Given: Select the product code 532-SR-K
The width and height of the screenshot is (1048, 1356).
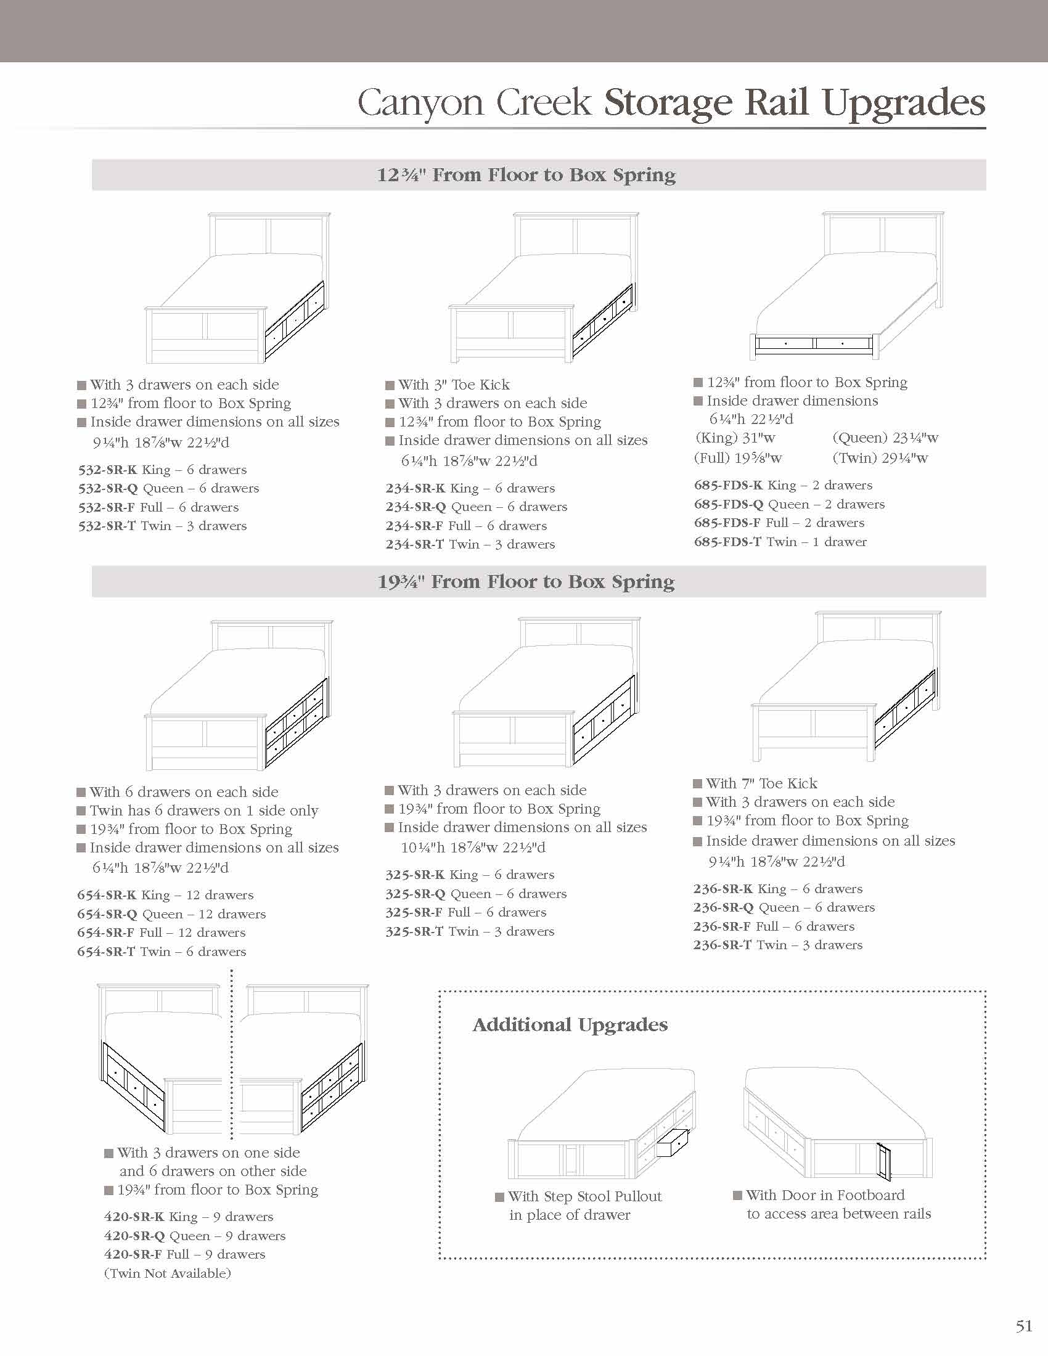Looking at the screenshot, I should click(x=106, y=470).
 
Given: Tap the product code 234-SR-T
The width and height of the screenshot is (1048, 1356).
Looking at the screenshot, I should click(x=414, y=544).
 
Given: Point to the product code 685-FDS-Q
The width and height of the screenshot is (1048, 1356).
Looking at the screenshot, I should click(x=728, y=504).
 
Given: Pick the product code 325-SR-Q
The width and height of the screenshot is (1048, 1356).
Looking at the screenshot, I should click(x=416, y=894).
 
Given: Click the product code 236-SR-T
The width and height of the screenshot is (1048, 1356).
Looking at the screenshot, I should click(x=722, y=945).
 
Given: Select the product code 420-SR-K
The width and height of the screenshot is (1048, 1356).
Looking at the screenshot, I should click(x=134, y=1217).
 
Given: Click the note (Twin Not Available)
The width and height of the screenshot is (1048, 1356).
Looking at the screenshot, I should click(x=168, y=1273).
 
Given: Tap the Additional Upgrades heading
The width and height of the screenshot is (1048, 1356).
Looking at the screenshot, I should click(x=570, y=1025).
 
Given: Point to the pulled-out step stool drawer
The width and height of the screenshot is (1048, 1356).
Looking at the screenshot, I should click(x=671, y=1143).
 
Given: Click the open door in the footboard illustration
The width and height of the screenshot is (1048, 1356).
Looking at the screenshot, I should click(x=883, y=1161).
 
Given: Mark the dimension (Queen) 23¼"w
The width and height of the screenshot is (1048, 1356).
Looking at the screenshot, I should click(x=885, y=438).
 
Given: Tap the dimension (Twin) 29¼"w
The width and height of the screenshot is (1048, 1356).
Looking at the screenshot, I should click(x=880, y=459).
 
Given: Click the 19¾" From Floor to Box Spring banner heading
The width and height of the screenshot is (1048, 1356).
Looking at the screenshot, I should click(x=526, y=582).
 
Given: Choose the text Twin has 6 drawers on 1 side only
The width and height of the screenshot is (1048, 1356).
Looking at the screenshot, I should click(x=203, y=811).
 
